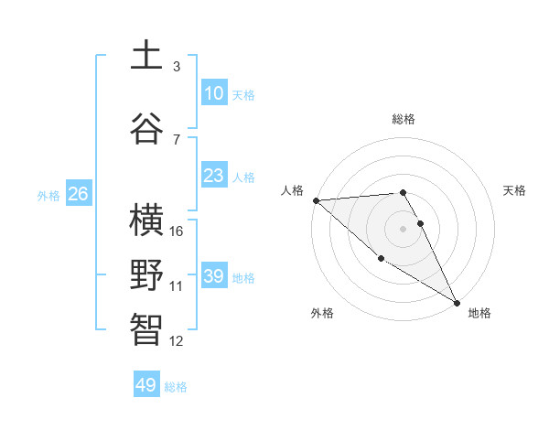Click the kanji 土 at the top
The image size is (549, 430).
147,55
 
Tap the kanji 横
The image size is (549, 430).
147,220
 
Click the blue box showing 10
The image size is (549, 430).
214,92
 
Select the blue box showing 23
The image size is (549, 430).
214,176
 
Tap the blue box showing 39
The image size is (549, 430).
214,276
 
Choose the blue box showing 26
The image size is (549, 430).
79,194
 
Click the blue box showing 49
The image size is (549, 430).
146,385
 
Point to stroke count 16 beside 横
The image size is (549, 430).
178,231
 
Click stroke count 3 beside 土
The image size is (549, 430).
177,67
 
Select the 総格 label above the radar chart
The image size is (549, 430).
404,119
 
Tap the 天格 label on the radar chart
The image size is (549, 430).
515,190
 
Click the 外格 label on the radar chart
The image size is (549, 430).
322,314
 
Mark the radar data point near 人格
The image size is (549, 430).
316,200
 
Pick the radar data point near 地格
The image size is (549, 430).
457,302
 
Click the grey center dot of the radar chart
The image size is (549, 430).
403,228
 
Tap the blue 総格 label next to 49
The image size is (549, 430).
176,387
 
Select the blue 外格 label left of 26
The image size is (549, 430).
48,195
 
